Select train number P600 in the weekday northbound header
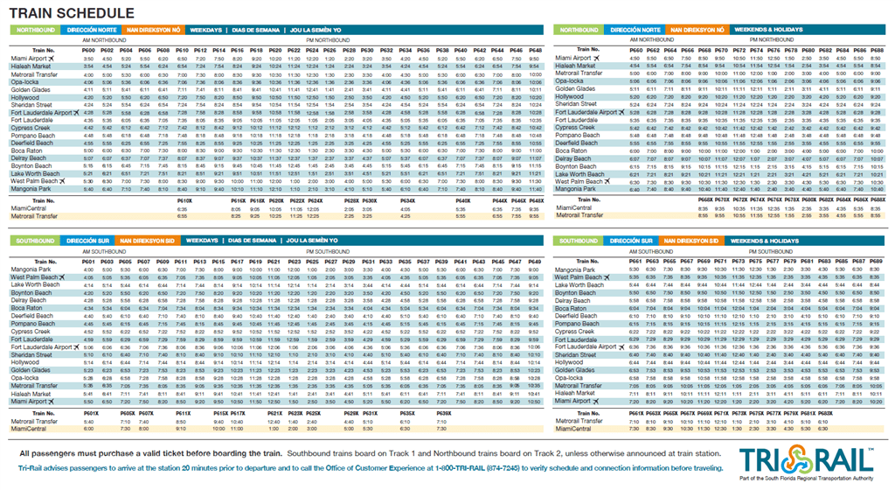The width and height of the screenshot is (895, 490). coord(88,51)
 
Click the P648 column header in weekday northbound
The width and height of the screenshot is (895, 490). coord(535,51)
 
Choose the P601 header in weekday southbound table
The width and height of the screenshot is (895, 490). coord(88,262)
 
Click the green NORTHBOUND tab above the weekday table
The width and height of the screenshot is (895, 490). coord(32,29)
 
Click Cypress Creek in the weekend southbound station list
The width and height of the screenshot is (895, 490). coord(577,332)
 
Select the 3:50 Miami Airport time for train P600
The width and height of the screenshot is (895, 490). coord(88,58)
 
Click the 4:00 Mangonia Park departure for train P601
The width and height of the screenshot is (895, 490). coord(88,269)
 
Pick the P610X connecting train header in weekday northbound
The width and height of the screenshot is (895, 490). coord(183,200)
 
